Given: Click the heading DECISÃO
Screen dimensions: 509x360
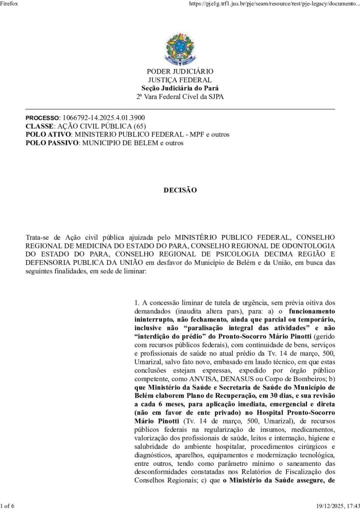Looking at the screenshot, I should [180, 190].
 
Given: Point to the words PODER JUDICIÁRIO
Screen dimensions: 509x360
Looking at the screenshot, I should [180, 73].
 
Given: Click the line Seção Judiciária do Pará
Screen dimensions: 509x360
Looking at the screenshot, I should [180, 88].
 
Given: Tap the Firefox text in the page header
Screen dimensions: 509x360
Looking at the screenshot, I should [10, 4].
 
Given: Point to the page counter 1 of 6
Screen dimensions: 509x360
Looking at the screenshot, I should [8, 505].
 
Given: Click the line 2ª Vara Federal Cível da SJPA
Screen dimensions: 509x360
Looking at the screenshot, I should [180, 96].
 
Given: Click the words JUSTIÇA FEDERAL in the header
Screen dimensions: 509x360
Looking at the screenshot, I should [180, 81].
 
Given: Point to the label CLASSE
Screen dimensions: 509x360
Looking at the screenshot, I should [39, 127].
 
